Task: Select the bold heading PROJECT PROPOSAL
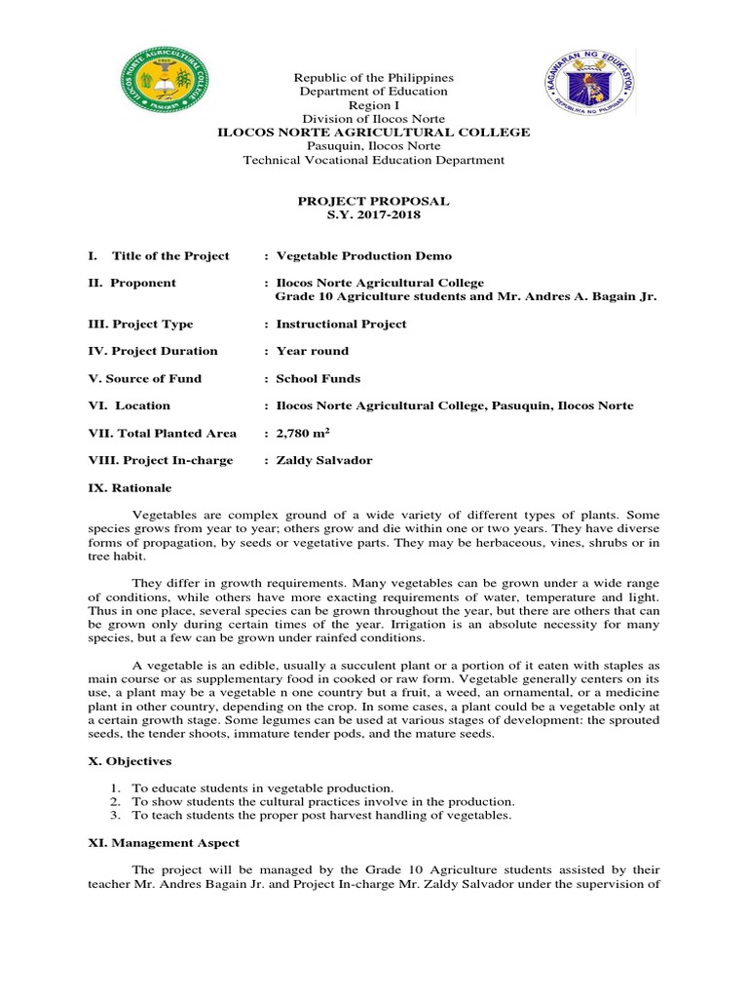(x=373, y=201)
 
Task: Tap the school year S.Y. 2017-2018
(x=373, y=215)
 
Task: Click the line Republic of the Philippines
(x=373, y=78)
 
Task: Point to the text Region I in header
(x=373, y=105)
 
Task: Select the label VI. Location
(x=130, y=405)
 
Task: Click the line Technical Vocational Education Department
(x=373, y=160)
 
